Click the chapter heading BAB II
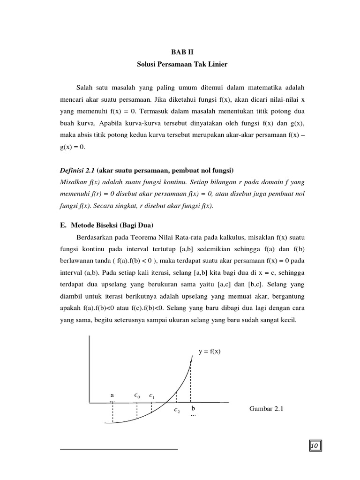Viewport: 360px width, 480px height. pos(182,52)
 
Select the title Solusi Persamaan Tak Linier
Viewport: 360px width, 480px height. pos(182,64)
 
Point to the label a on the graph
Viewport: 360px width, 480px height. pos(112,395)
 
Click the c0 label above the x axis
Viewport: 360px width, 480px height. pos(136,396)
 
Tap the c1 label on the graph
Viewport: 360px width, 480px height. pos(152,396)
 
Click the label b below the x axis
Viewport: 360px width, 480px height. pos(193,409)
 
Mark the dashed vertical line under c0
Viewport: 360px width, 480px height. pos(136,410)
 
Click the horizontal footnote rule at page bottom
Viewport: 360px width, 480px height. pos(119,449)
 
